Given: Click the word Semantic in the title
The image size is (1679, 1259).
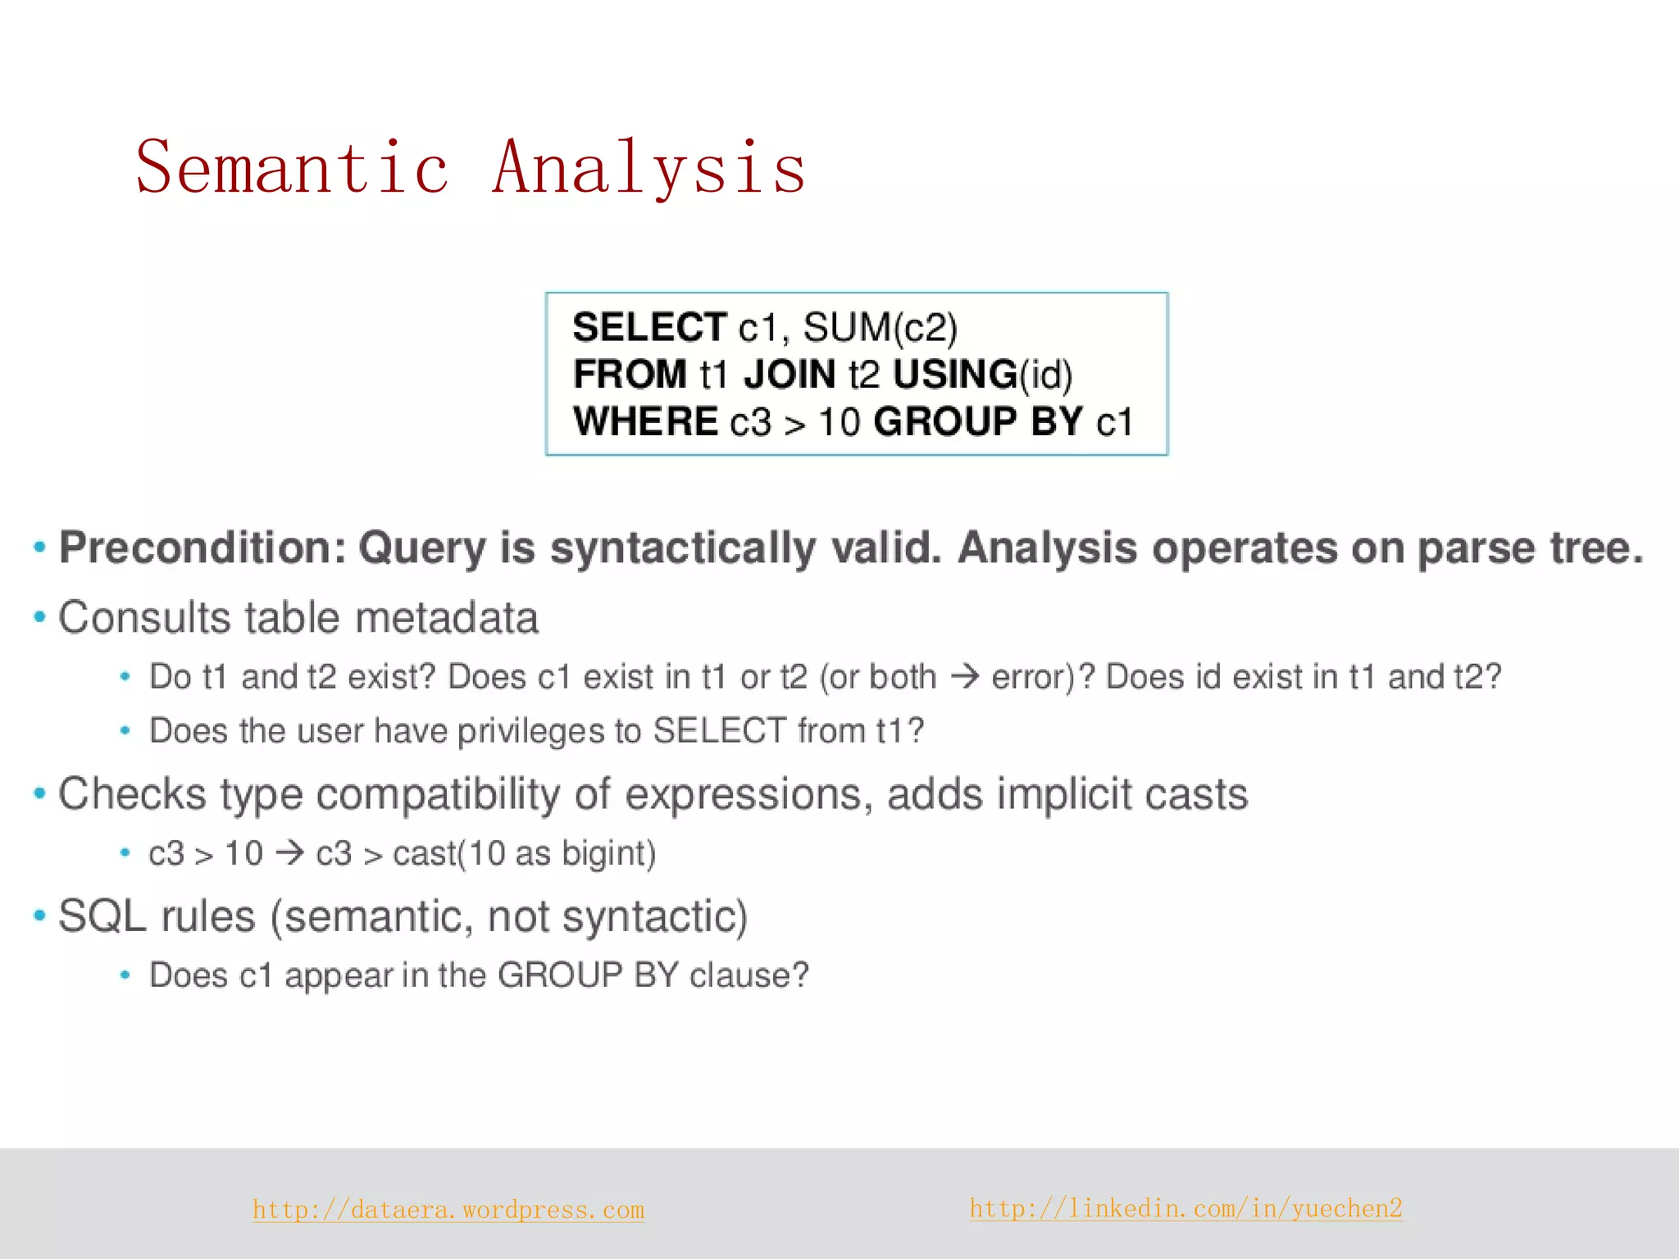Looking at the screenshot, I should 292,168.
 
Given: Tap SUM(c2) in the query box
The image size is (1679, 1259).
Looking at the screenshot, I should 880,327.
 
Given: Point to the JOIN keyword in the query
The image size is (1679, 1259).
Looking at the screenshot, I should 789,375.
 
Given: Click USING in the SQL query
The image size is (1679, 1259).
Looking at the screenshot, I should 955,375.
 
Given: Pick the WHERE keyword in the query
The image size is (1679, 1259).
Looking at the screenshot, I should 646,422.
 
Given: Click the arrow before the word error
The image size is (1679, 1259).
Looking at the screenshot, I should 964,677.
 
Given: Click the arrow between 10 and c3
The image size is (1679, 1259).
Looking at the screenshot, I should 289,853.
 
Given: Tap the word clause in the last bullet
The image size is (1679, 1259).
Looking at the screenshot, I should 748,975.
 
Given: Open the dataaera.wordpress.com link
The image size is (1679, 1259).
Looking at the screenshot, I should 448,1210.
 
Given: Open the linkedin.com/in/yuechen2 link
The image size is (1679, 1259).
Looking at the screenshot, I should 1185,1208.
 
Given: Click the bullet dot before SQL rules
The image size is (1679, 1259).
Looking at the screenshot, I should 39,916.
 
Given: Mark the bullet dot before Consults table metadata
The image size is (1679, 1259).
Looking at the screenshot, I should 39,617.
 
